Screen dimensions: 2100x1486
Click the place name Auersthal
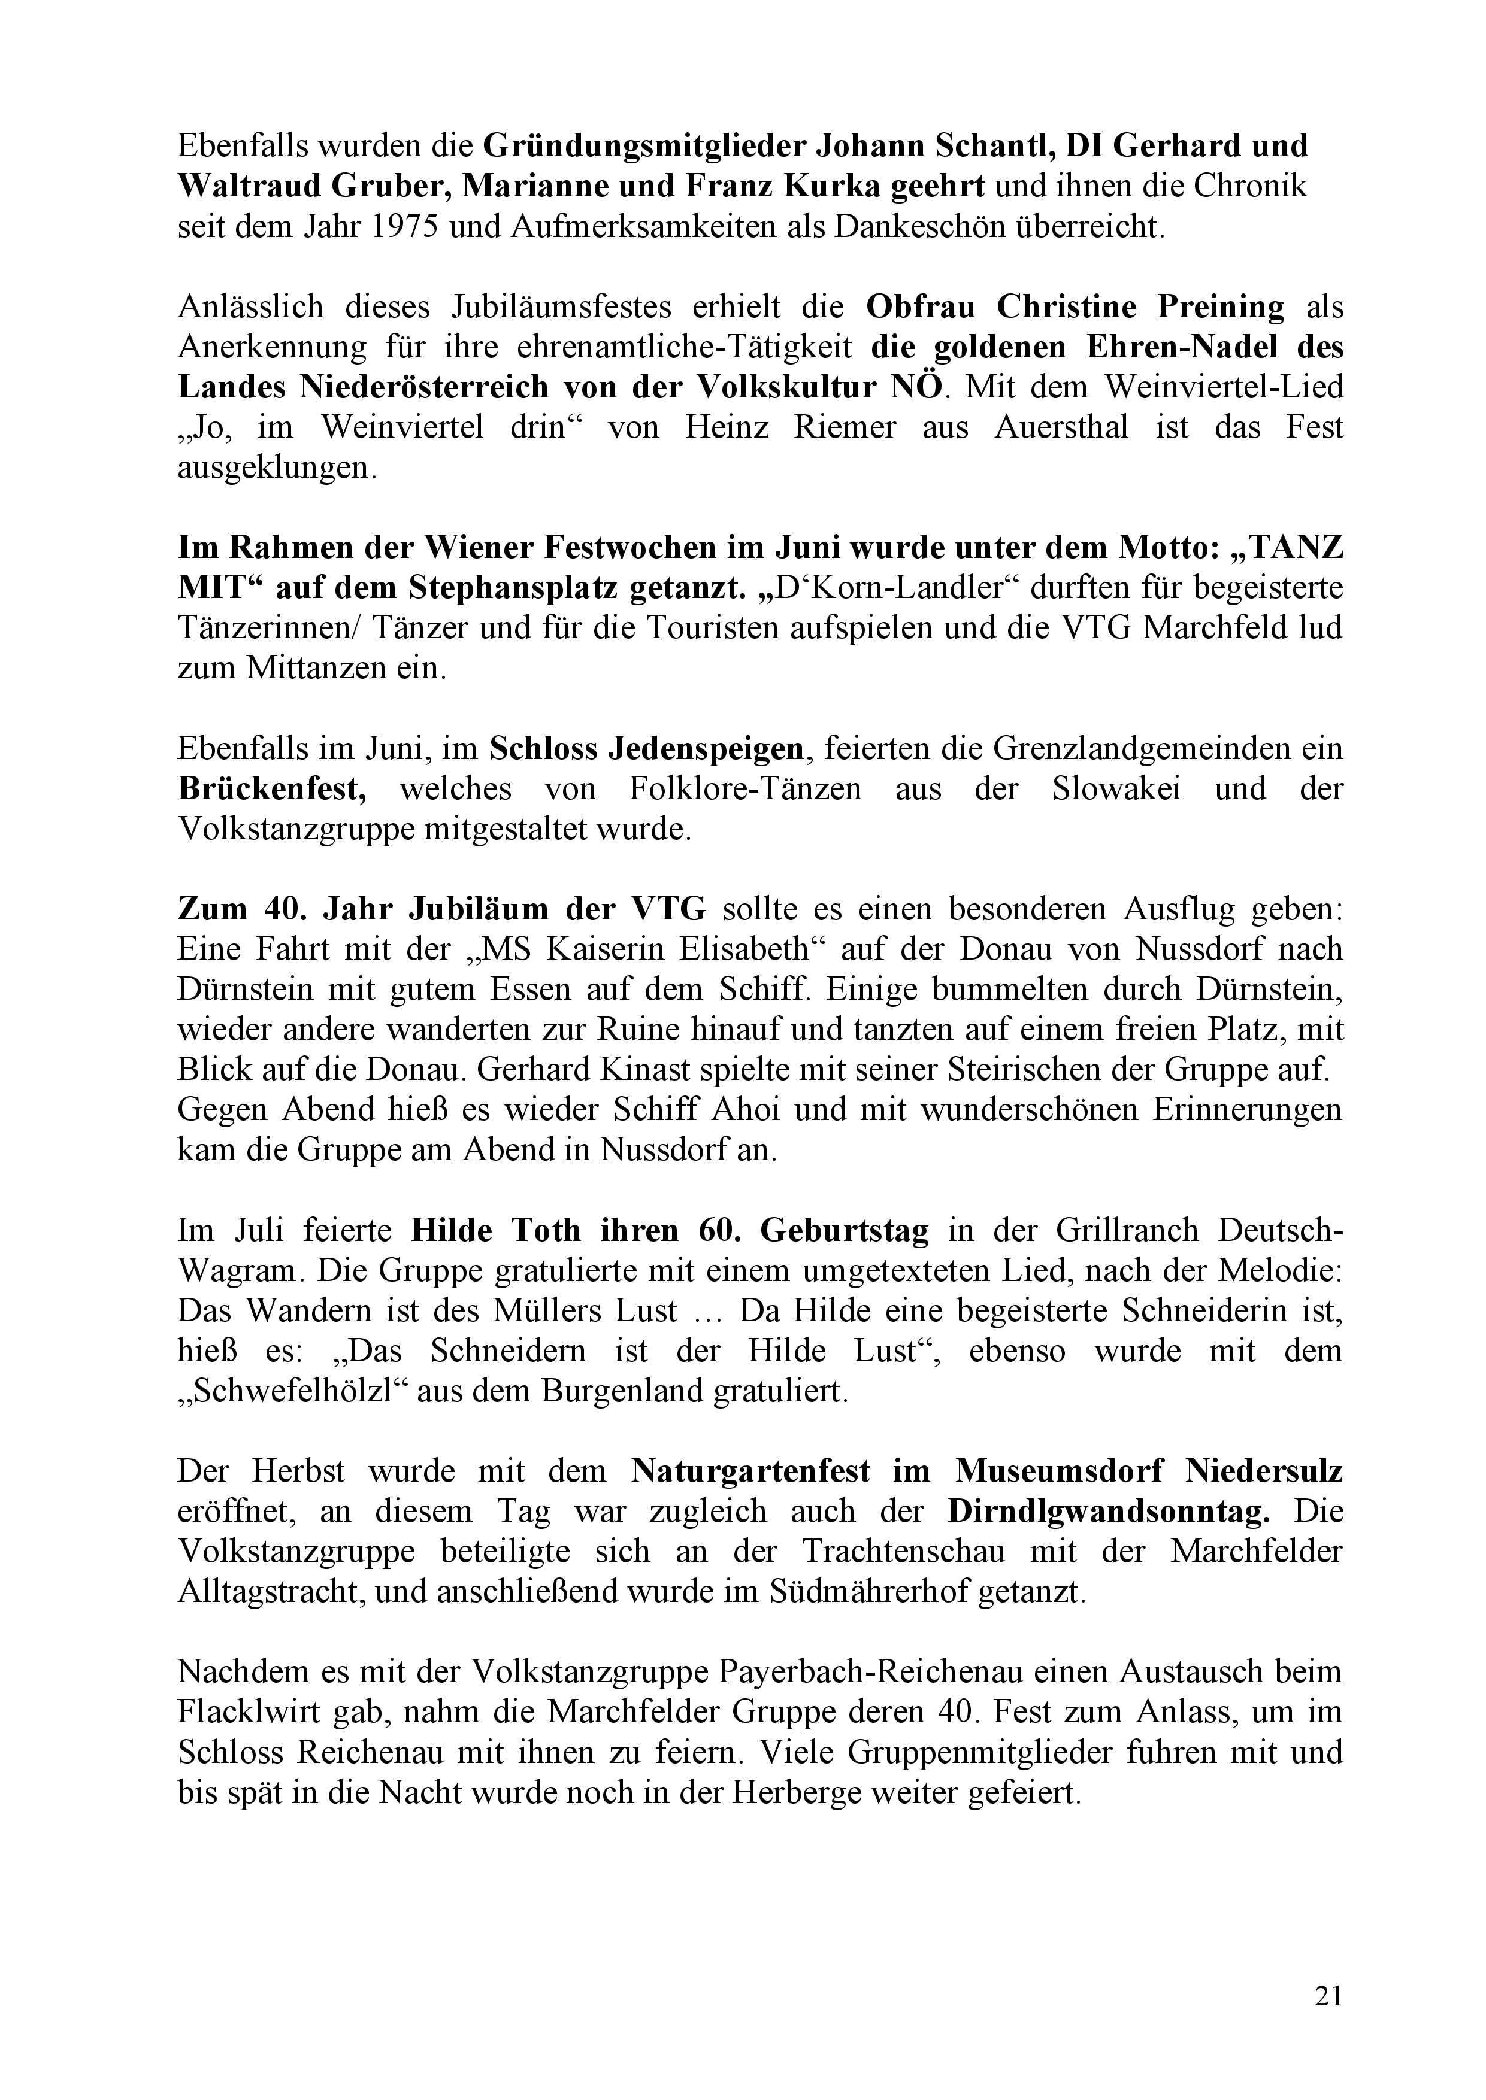(1063, 427)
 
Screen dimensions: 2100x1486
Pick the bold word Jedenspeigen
(646, 749)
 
